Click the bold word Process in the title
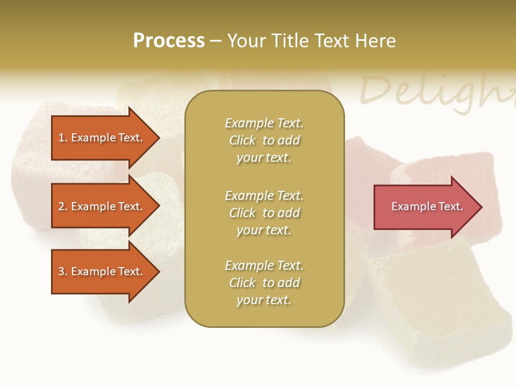click(x=169, y=41)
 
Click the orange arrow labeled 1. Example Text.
click(x=102, y=138)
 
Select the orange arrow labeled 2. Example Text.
click(x=102, y=206)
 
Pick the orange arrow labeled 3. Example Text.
click(x=102, y=271)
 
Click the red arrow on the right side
click(x=425, y=207)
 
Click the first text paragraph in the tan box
click(x=264, y=140)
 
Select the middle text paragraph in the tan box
click(x=264, y=213)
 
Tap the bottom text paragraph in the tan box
click(x=264, y=283)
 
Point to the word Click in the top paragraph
click(x=242, y=141)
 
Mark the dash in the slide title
click(x=216, y=41)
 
